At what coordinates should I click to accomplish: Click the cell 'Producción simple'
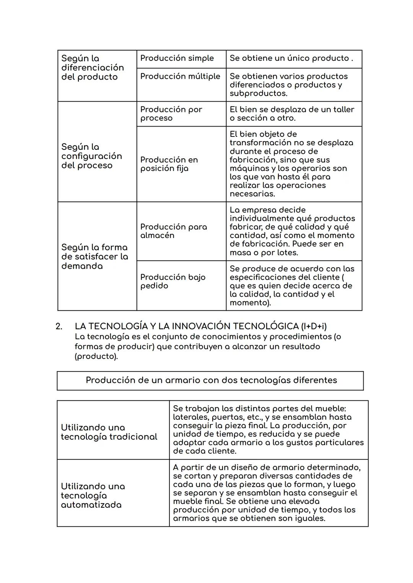(x=177, y=58)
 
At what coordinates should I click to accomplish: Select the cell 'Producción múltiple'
(x=180, y=76)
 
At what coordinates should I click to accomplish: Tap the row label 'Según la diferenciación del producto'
(x=93, y=68)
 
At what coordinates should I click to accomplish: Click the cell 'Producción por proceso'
(x=171, y=114)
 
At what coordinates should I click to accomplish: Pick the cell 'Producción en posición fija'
(x=169, y=164)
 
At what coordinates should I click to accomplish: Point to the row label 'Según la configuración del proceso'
(x=91, y=156)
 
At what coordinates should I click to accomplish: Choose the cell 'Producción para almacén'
(x=173, y=231)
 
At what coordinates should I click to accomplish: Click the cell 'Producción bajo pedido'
(x=172, y=281)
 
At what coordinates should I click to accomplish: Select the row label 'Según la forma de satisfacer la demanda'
(x=94, y=257)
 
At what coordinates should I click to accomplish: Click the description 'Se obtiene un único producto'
(x=291, y=58)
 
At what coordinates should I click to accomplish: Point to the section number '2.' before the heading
(x=59, y=326)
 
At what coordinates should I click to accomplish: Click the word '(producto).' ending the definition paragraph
(x=96, y=356)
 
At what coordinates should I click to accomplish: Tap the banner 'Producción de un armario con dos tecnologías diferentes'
(x=211, y=380)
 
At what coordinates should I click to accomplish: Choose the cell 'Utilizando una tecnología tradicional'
(x=109, y=432)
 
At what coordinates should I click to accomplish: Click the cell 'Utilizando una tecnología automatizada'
(x=93, y=495)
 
